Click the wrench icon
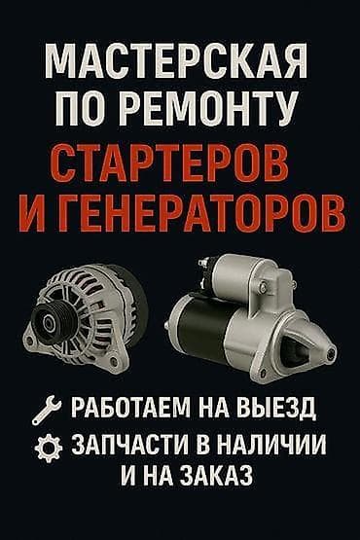[x=43, y=407]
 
